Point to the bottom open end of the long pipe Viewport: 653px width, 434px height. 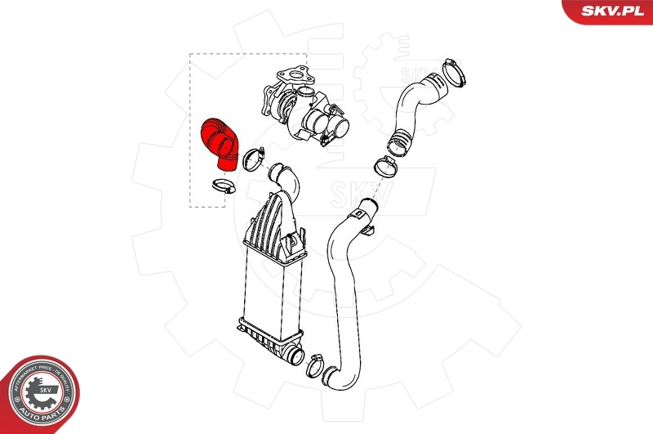tap(334, 378)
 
